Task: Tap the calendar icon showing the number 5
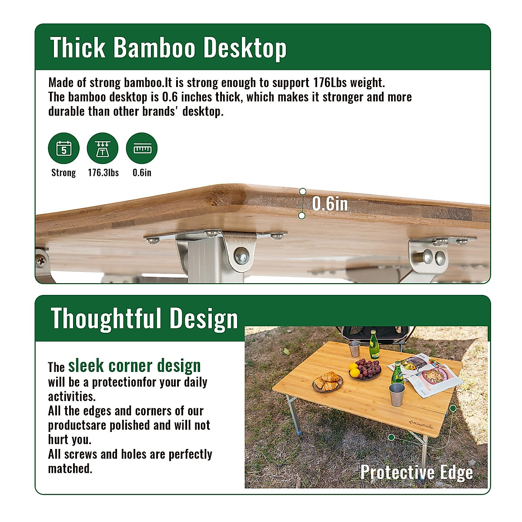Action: (64, 148)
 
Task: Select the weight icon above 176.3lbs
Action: (103, 148)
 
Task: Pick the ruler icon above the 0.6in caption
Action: (142, 148)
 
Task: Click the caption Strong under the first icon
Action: (64, 173)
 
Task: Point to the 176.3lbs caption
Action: (103, 173)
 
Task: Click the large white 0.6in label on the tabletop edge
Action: (330, 204)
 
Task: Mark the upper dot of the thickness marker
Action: (303, 192)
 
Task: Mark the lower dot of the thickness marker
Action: (302, 215)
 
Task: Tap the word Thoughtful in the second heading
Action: (106, 318)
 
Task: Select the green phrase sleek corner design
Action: (134, 366)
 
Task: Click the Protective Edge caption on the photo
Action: (416, 472)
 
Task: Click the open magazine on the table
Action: (426, 374)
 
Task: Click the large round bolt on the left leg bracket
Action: (242, 256)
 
